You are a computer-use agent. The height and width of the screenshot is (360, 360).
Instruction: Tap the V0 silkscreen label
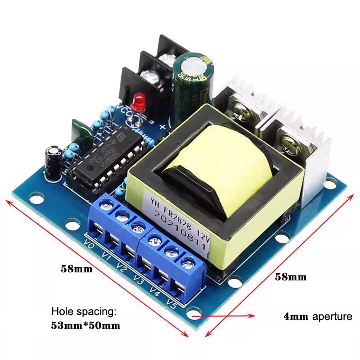point(89,247)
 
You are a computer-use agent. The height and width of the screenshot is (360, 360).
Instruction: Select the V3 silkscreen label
point(138,282)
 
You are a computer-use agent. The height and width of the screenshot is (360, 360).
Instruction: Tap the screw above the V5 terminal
point(186,261)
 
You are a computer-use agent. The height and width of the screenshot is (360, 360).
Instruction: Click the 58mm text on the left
point(76,270)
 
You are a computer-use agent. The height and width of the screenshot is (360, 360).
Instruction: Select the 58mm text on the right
point(291,277)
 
